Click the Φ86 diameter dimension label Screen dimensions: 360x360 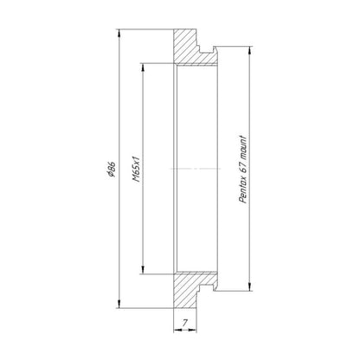(111, 169)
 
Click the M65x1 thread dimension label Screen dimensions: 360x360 (136, 169)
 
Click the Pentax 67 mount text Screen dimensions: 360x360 (243, 170)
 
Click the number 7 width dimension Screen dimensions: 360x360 (185, 323)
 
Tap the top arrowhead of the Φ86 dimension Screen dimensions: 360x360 (119, 33)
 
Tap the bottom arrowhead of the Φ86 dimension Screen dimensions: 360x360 (119, 304)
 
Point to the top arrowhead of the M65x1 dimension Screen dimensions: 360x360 (143, 67)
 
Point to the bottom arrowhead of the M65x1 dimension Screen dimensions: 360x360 (143, 270)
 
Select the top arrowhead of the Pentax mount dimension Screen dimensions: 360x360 (250, 50)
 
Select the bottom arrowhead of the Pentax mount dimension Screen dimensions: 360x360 (250, 286)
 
